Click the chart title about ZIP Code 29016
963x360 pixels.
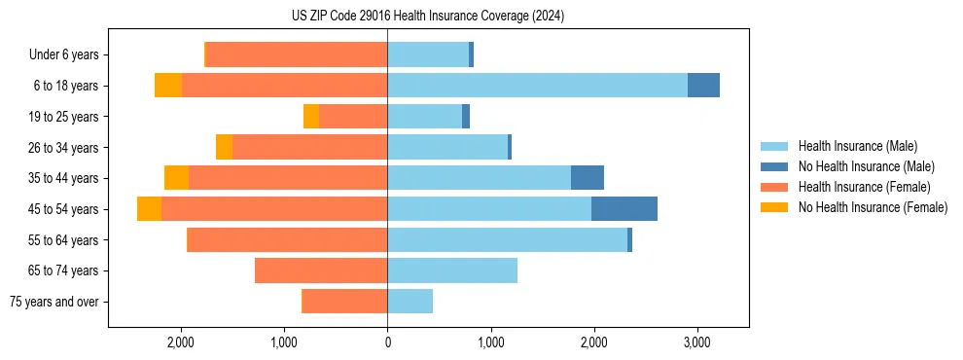click(x=428, y=17)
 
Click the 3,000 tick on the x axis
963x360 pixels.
click(x=697, y=342)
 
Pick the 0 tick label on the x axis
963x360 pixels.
click(x=387, y=342)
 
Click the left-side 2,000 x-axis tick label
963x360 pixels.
click(x=181, y=342)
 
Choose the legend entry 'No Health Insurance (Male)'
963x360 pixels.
click(x=866, y=166)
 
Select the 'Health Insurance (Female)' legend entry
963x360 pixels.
click(x=864, y=187)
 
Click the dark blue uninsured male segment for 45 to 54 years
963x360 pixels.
click(x=624, y=209)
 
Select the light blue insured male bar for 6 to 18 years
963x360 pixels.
click(x=537, y=86)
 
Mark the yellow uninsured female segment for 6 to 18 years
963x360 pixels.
click(x=168, y=86)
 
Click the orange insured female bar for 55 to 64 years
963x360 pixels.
click(x=287, y=239)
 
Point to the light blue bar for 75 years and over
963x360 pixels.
click(x=410, y=302)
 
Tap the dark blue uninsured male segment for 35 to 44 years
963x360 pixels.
click(x=588, y=178)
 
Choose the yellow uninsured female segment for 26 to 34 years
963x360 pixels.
click(x=224, y=147)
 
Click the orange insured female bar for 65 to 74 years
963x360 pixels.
click(x=321, y=270)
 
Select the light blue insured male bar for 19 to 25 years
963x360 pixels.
click(x=424, y=117)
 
